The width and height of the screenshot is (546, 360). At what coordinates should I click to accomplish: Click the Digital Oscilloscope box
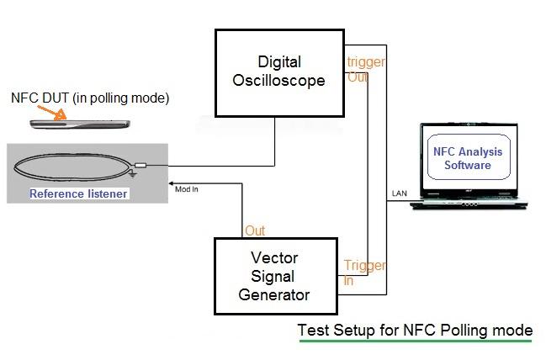click(x=280, y=72)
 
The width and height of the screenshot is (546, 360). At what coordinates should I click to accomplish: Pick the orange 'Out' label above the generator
click(x=255, y=230)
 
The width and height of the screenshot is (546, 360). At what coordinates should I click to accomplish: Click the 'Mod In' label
click(x=186, y=188)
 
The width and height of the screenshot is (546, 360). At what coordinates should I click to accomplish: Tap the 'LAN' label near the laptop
click(x=400, y=193)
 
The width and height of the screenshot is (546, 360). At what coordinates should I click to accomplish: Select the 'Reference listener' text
click(x=79, y=194)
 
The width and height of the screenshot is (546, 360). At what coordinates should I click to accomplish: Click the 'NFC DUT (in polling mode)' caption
click(x=90, y=98)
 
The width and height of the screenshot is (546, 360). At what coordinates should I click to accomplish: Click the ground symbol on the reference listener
click(x=132, y=175)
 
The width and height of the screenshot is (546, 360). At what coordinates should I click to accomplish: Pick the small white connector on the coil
click(x=140, y=165)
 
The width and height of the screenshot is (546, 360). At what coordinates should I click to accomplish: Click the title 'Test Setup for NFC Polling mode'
click(x=415, y=329)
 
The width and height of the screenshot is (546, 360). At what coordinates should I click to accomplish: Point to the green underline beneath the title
click(x=415, y=341)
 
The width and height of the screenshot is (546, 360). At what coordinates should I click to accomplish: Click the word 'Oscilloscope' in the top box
click(x=280, y=82)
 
